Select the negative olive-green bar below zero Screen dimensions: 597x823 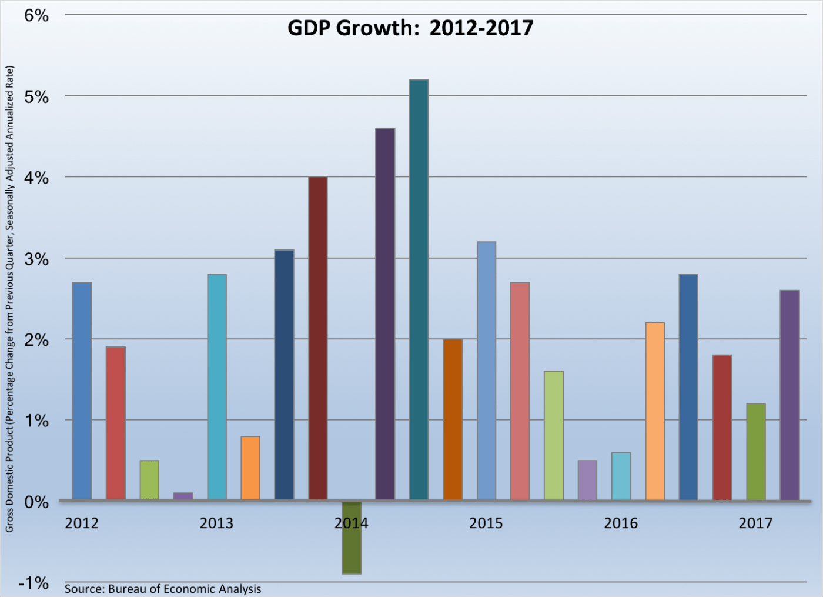(x=352, y=538)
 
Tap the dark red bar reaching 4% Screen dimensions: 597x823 (x=318, y=338)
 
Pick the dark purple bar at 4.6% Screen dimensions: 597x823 (x=385, y=314)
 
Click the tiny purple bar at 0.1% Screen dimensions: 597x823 (x=183, y=496)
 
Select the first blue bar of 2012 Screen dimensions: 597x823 (x=82, y=391)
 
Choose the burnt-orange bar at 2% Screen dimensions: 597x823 (x=453, y=419)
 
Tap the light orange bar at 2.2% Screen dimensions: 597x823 (x=655, y=411)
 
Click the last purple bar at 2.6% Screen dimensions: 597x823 (x=789, y=395)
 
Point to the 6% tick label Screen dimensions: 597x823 (x=36, y=16)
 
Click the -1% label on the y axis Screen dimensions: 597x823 (x=34, y=583)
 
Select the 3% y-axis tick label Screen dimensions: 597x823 (x=36, y=259)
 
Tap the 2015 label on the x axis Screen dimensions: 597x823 (x=486, y=523)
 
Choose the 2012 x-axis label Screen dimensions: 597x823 (x=82, y=523)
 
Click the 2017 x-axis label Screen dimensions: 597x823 (x=755, y=523)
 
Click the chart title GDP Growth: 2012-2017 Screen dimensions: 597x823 (x=410, y=28)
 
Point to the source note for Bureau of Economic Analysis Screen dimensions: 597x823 (x=163, y=589)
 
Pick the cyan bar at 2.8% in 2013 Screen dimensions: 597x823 (x=217, y=387)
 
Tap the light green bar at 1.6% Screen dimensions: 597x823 (x=554, y=435)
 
